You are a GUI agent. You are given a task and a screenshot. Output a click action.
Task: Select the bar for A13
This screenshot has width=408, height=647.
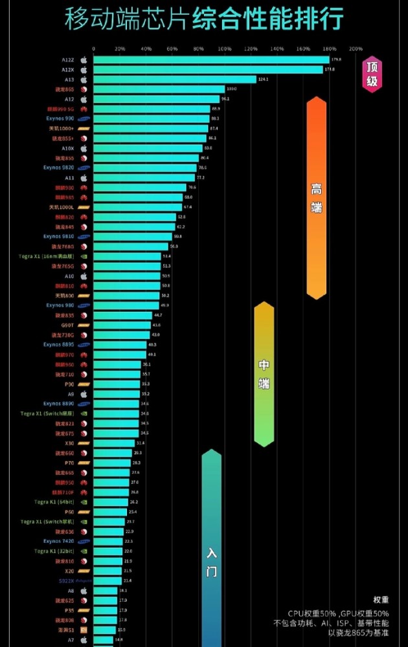(175, 80)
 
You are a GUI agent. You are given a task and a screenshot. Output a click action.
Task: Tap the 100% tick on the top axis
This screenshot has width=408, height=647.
(225, 49)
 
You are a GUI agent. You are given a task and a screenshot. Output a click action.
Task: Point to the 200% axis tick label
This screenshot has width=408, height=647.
(356, 49)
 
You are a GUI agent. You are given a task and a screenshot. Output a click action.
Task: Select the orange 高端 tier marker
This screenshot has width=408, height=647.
(316, 197)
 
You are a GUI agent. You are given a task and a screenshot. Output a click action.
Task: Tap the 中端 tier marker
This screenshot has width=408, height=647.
(264, 374)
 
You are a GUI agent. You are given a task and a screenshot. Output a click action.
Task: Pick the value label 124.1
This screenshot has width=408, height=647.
(263, 80)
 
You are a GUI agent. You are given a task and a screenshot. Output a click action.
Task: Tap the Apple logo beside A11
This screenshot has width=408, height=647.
(83, 177)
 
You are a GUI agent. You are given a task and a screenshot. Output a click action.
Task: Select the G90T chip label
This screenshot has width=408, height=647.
(68, 325)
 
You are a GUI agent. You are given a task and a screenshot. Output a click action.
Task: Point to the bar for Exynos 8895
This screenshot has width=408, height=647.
(120, 345)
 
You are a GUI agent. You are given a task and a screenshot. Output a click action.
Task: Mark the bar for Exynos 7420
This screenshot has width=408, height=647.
(108, 542)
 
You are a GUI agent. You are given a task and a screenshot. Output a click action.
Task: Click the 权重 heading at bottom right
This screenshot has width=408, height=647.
(381, 600)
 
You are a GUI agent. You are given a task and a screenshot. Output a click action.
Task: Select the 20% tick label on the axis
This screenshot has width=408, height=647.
(120, 49)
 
